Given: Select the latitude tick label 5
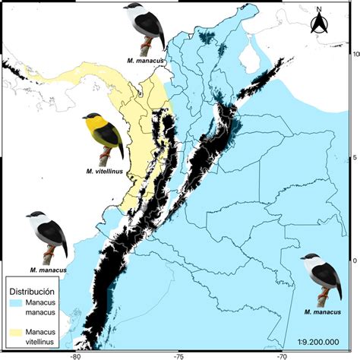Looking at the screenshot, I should [355, 157].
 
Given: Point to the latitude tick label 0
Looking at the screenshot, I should [355, 260].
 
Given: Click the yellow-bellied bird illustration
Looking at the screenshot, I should [103, 136].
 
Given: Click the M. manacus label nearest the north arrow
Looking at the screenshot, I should [147, 56].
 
